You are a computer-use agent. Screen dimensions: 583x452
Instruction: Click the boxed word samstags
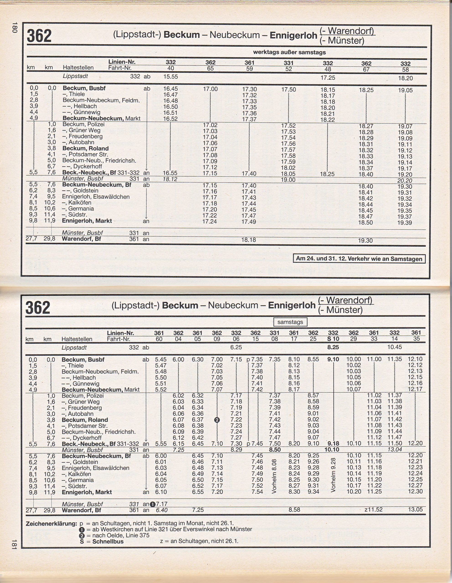[290, 322]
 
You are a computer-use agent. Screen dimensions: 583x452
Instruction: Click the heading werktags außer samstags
[289, 52]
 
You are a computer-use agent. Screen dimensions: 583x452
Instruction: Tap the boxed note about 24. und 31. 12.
[359, 259]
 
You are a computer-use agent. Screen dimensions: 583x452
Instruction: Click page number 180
[14, 28]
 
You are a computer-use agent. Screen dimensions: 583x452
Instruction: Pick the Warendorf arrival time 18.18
[249, 240]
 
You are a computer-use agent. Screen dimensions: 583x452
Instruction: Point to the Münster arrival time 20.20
[405, 181]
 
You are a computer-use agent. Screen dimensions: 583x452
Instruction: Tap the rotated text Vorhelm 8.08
[274, 476]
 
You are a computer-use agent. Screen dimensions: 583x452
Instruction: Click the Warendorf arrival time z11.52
[373, 510]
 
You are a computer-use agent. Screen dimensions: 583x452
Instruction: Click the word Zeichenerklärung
[51, 524]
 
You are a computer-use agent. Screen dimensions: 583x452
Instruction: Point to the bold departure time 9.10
[333, 359]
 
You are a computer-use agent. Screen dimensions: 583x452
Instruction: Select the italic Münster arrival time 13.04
[395, 450]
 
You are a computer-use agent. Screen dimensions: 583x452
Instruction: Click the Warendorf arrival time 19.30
[365, 241]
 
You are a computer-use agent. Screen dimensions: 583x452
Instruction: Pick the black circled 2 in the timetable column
[217, 420]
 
